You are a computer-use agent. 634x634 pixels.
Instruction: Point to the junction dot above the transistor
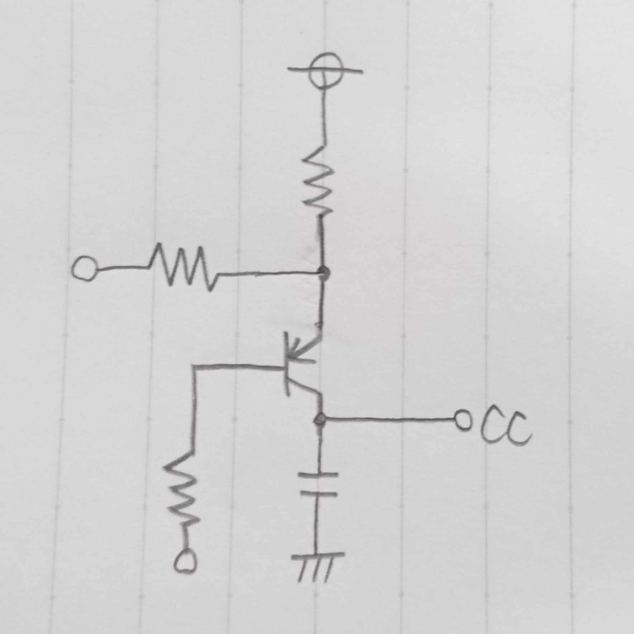click(324, 273)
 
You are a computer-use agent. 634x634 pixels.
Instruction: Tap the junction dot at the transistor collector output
click(319, 418)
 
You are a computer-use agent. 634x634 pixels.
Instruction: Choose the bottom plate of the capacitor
click(319, 495)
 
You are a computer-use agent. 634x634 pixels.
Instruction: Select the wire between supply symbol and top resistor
click(324, 115)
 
